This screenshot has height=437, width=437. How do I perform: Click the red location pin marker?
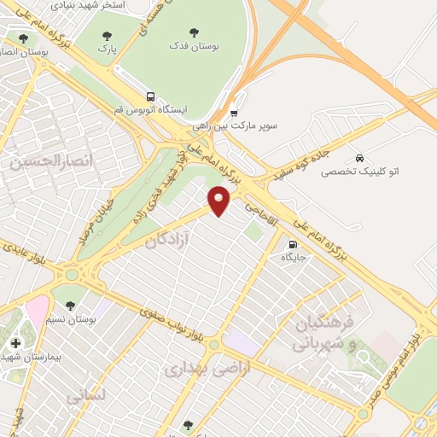coord(220,202)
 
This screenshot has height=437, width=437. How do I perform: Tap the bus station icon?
coord(151,96)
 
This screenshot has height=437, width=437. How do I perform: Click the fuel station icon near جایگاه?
coord(294,243)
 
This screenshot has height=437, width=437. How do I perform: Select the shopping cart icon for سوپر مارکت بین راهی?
coord(234,112)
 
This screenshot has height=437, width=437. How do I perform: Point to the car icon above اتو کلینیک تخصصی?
coord(359,158)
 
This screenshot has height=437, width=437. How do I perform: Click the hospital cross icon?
coord(15,342)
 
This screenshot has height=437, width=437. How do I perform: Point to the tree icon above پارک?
coord(107,36)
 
